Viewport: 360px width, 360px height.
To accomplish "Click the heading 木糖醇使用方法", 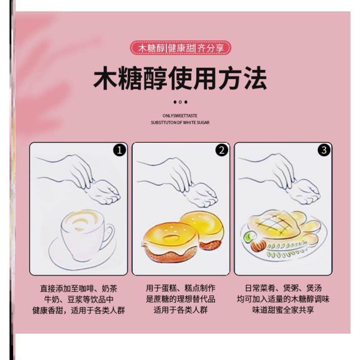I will [x=180, y=79].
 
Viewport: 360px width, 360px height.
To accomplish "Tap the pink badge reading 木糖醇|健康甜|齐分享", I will [x=180, y=48].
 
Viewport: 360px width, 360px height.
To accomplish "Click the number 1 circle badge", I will [x=119, y=151].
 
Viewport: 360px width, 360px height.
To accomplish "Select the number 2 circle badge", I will [x=222, y=151].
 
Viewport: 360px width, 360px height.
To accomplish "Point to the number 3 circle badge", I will [x=324, y=151].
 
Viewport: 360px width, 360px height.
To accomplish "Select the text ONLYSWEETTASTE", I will [x=180, y=116].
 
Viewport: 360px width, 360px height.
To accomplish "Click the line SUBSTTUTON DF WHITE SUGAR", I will [x=180, y=122].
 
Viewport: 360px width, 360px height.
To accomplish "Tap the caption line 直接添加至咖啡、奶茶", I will [x=78, y=288].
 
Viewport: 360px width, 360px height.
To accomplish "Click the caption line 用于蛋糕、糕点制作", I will [x=180, y=288].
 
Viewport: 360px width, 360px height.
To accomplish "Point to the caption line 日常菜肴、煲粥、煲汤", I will [x=283, y=288].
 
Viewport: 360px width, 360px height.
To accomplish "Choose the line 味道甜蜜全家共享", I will [x=283, y=311].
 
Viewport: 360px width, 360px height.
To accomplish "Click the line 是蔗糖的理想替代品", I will [x=180, y=299].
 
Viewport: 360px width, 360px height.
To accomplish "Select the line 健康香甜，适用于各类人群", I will [x=78, y=311].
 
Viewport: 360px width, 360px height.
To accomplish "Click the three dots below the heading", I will [x=180, y=102].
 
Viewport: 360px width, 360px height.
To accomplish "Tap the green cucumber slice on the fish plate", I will [x=248, y=236].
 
